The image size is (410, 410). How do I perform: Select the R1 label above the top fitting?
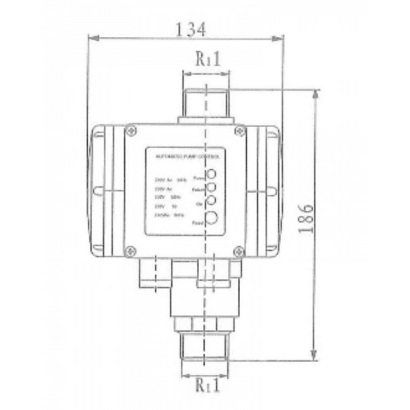tap(205, 59)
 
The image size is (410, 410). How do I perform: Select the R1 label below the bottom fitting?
tap(205, 387)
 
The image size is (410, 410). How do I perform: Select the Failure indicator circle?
tap(212, 187)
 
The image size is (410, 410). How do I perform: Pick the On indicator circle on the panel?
tap(212, 200)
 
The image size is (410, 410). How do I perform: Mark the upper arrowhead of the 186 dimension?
tap(315, 96)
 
